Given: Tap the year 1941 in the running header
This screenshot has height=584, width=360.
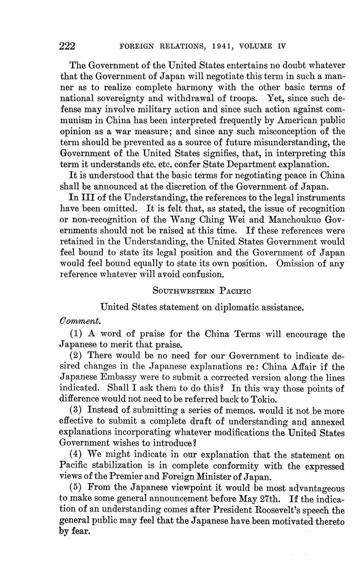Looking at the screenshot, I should [220, 46].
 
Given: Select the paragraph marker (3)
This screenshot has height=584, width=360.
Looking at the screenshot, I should [77, 411].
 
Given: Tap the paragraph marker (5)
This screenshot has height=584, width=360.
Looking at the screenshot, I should [77, 488].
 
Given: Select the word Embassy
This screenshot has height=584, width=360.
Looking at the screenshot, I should [120, 378].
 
